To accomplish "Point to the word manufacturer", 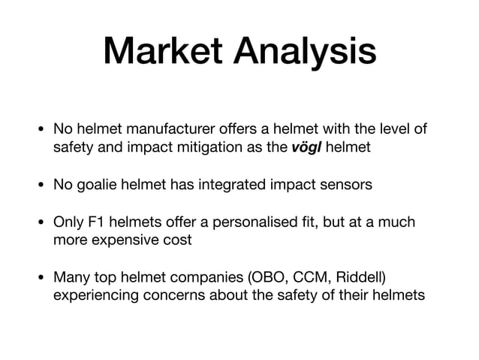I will point(163,130).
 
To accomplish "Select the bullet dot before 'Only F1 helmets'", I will point(42,222).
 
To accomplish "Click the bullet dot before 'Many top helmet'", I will point(42,278).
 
